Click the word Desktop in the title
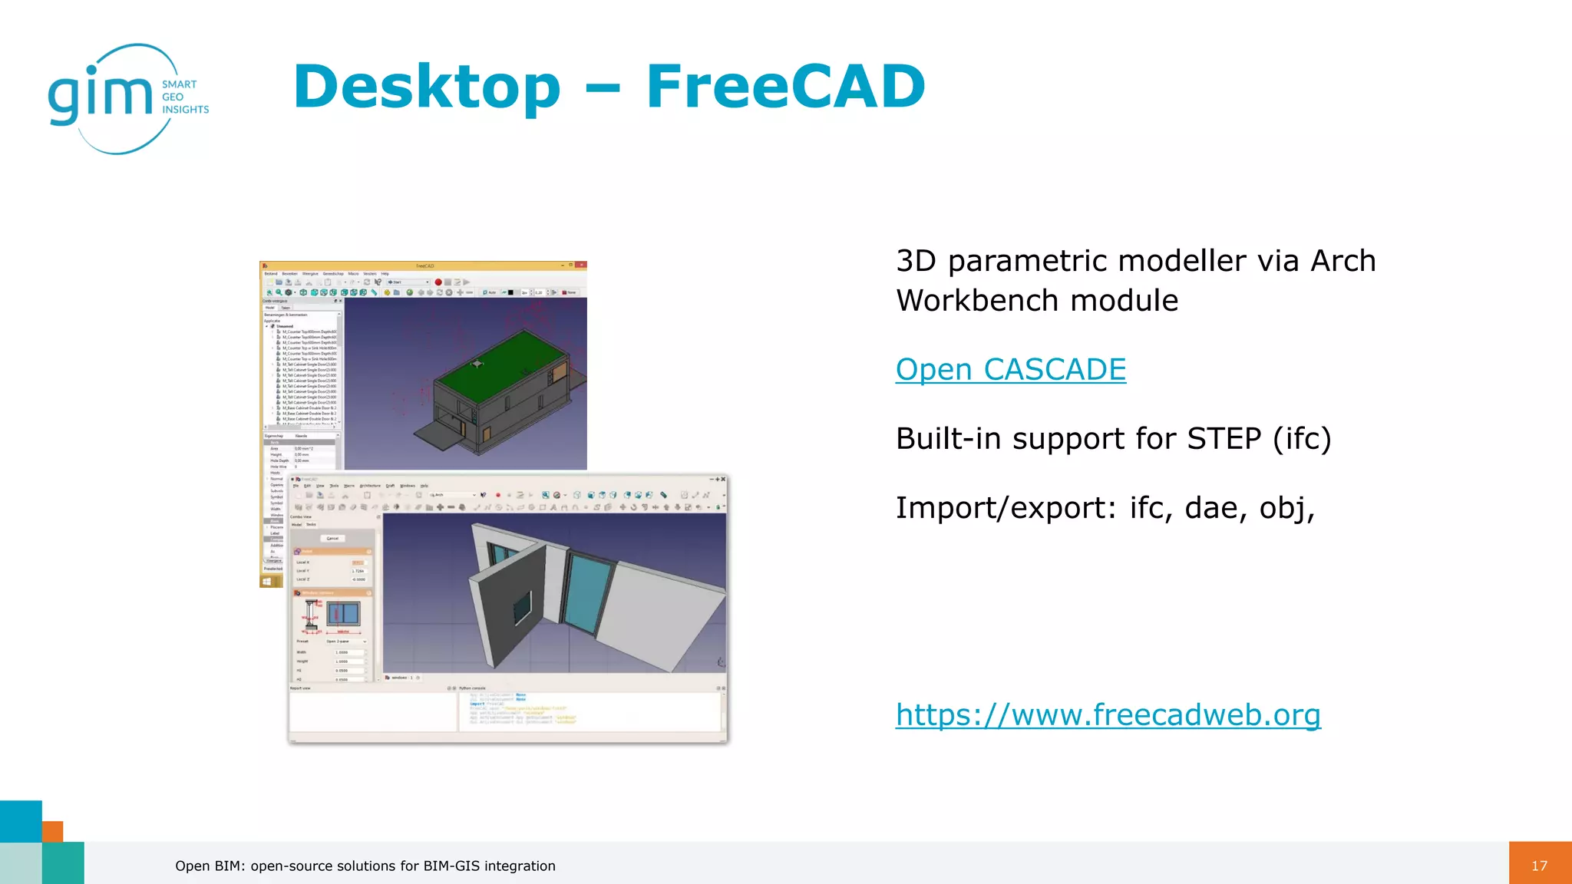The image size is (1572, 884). (x=427, y=87)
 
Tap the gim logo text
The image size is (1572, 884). (x=100, y=96)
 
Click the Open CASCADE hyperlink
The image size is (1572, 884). (x=1010, y=370)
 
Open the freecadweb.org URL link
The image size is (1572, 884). (x=1108, y=715)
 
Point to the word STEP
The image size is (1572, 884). (x=1224, y=439)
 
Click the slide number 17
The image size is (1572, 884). (x=1539, y=866)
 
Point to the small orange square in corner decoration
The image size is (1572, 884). (x=52, y=831)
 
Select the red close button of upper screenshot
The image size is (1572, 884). (x=582, y=266)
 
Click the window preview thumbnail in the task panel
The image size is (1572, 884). (x=343, y=613)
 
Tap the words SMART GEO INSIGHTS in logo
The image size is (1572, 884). (x=185, y=97)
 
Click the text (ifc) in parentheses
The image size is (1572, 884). (x=1302, y=439)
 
